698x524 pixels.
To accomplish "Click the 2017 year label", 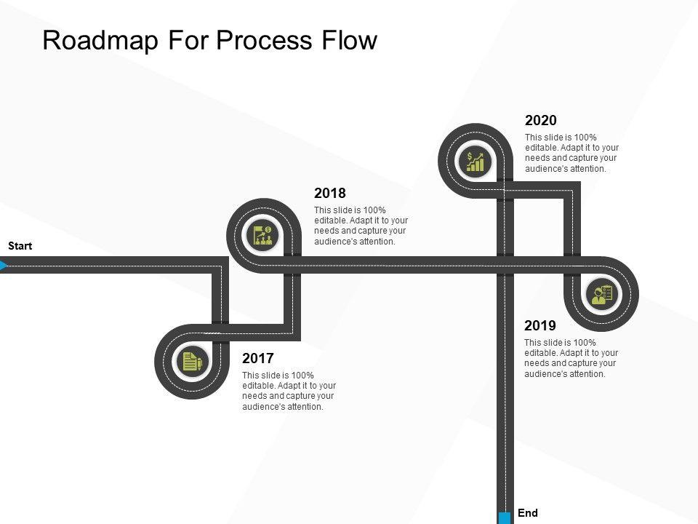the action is (257, 358).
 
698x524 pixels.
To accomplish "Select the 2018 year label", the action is (329, 194).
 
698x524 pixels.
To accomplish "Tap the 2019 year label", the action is (539, 325).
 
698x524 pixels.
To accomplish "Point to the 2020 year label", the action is (540, 120).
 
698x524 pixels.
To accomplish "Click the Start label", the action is (20, 246).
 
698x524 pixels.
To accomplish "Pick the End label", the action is (528, 513).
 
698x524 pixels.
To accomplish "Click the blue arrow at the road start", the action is (4, 266).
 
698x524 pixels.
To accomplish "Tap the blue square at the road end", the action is (505, 518).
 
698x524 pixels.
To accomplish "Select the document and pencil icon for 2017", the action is (192, 361).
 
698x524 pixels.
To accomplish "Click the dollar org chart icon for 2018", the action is (263, 235).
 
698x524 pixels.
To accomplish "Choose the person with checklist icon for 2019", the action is (603, 294).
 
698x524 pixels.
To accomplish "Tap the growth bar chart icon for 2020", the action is (476, 161).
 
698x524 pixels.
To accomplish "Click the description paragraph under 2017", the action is (289, 391).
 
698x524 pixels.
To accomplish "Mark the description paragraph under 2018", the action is (361, 226).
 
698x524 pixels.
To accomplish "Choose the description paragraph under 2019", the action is (571, 358).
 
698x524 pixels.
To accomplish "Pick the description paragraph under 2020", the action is (571, 153).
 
